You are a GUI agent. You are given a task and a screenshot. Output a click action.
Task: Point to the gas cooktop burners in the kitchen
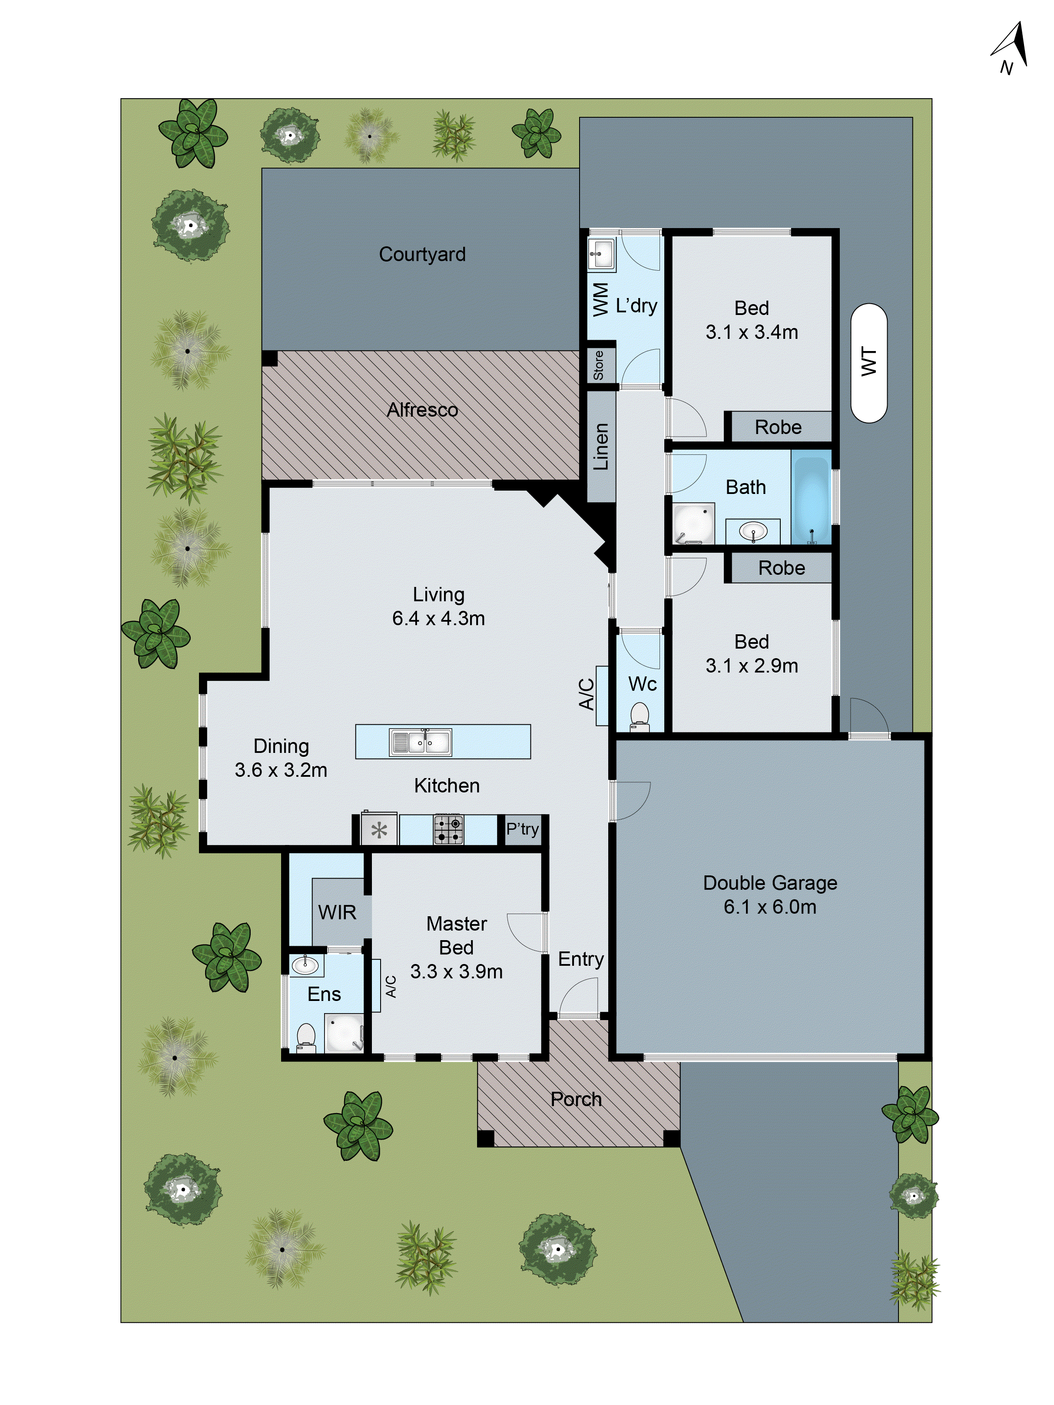coord(448,829)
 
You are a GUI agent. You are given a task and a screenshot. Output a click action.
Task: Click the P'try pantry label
coord(522,829)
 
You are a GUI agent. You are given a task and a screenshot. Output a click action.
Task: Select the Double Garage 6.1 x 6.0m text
coord(769,895)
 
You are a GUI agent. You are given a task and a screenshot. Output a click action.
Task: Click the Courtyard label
coord(422,254)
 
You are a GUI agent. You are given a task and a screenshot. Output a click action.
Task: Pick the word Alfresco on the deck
coord(422,410)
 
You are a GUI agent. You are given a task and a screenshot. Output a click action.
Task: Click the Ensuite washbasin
coord(305,965)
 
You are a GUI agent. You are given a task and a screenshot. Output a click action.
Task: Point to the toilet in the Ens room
coord(306,1037)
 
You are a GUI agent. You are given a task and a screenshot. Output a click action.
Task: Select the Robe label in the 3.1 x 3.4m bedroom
coord(778,427)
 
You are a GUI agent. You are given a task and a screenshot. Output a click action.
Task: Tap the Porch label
coord(576,1099)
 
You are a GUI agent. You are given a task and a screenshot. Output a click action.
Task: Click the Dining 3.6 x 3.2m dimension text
coord(281,770)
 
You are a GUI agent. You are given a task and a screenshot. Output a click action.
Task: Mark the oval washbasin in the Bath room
coord(753,531)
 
